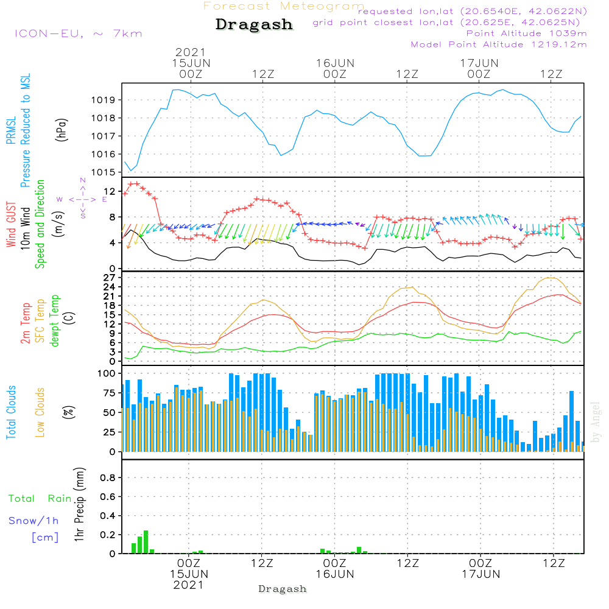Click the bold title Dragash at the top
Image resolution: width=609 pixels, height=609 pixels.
pos(254,25)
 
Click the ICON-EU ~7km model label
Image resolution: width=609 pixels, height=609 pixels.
pos(78,33)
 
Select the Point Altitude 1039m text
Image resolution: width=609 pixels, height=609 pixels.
pos(526,33)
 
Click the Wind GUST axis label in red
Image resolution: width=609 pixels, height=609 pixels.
pos(11,225)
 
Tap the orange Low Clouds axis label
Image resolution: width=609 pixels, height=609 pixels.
pos(41,410)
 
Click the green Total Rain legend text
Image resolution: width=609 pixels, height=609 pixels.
pos(40,499)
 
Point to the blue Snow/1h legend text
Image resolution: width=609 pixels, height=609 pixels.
pos(34,521)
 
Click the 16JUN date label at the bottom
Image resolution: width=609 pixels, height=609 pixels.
pos(335,574)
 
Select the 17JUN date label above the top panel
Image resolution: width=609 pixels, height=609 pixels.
pos(479,63)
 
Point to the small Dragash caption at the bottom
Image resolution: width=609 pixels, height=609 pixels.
pos(283,589)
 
